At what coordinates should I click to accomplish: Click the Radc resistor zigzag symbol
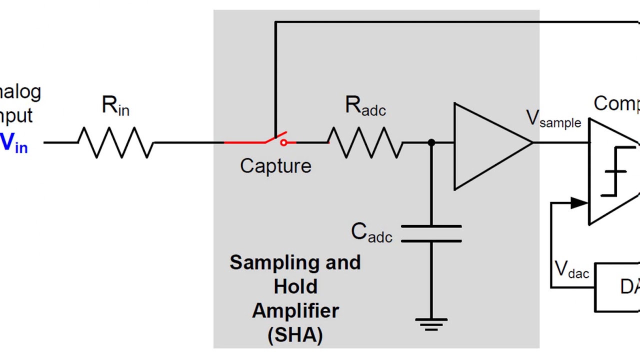click(x=365, y=142)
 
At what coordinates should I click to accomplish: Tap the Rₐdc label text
click(x=365, y=106)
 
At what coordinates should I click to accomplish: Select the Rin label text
click(x=115, y=105)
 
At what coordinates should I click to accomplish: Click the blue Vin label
click(x=13, y=143)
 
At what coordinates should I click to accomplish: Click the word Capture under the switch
click(x=275, y=166)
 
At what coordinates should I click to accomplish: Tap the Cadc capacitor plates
click(x=431, y=233)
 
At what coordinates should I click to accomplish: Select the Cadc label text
click(x=371, y=233)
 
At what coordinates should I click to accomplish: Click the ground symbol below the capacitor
click(x=431, y=324)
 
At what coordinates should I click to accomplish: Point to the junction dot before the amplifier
click(x=431, y=143)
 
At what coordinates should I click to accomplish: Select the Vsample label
click(x=553, y=119)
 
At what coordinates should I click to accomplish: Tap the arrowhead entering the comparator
click(x=579, y=202)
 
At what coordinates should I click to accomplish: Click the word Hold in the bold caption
click(x=295, y=286)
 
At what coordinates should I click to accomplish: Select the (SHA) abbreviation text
click(x=295, y=334)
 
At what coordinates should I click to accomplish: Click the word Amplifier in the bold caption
click(x=295, y=310)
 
